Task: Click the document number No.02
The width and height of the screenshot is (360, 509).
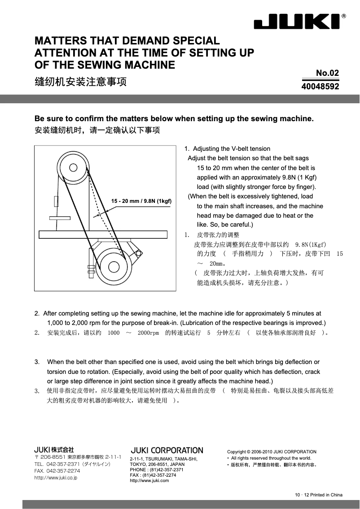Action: (x=327, y=73)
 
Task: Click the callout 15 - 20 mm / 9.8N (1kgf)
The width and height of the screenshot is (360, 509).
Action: (x=142, y=201)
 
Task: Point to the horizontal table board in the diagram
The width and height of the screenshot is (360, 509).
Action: (x=103, y=234)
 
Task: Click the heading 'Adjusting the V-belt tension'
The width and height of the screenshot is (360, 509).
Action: (x=231, y=149)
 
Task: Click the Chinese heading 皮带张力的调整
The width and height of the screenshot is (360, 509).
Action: (x=218, y=235)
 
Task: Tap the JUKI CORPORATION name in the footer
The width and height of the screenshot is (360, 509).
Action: (x=167, y=450)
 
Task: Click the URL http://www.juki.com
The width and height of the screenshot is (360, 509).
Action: (x=149, y=481)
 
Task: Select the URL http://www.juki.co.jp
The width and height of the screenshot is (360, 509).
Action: (x=56, y=478)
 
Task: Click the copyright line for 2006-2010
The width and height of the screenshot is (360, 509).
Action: (x=272, y=452)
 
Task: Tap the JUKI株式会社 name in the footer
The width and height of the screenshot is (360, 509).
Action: (x=54, y=449)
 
